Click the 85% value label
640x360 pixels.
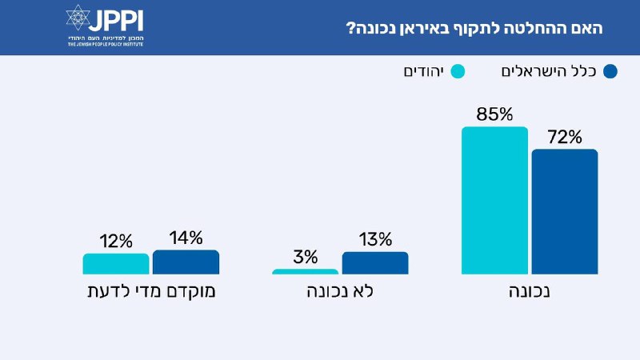pyautogui.click(x=494, y=114)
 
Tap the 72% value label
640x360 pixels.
pyautogui.click(x=564, y=137)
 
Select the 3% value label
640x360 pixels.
pyautogui.click(x=305, y=257)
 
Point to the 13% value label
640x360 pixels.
pyautogui.click(x=374, y=239)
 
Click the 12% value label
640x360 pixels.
pyautogui.click(x=115, y=241)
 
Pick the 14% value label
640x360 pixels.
pyautogui.click(x=186, y=238)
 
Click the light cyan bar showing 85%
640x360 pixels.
pyautogui.click(x=494, y=200)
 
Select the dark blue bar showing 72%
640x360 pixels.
pyautogui.click(x=564, y=212)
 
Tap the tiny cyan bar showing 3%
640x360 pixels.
pyautogui.click(x=305, y=272)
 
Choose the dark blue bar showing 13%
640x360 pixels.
pyautogui.click(x=374, y=263)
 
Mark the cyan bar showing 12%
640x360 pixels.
pyautogui.click(x=115, y=264)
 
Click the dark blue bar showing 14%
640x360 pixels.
pyautogui.click(x=186, y=262)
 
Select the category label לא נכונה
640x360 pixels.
pyautogui.click(x=340, y=291)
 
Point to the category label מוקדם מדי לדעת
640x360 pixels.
pyautogui.click(x=151, y=291)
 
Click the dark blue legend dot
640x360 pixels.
pyautogui.click(x=611, y=72)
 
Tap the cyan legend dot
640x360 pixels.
pyautogui.click(x=458, y=72)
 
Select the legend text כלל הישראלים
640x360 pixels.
pyautogui.click(x=550, y=72)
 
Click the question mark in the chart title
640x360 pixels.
pyautogui.click(x=349, y=28)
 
